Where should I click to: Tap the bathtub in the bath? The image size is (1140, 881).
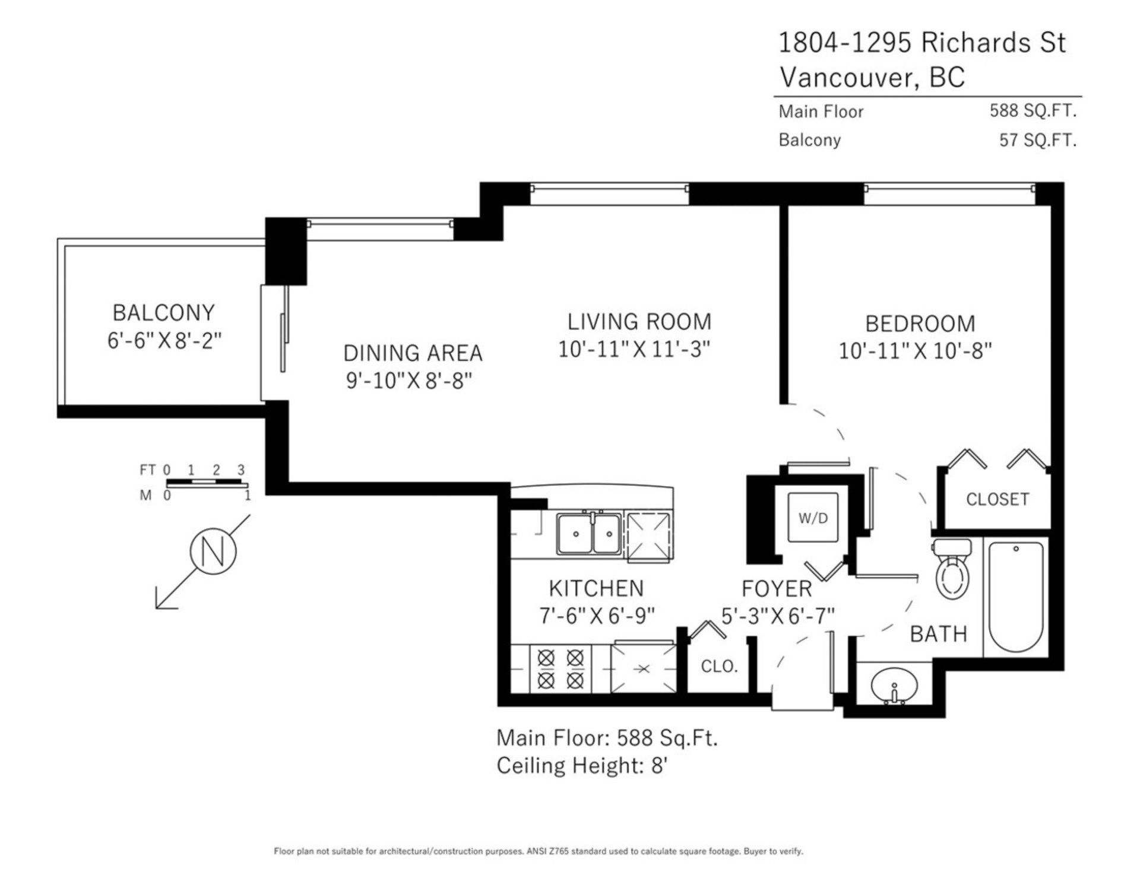tap(1016, 597)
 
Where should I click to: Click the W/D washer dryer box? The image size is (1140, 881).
tap(813, 518)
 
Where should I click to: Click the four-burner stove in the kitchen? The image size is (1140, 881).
tap(560, 668)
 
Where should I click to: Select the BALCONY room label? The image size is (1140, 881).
tap(163, 312)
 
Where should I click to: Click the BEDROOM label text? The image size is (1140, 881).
tap(920, 324)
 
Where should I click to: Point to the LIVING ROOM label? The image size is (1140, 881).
tap(639, 322)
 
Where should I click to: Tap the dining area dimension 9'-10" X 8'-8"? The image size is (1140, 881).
tap(409, 381)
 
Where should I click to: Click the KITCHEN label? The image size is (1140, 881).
tap(596, 588)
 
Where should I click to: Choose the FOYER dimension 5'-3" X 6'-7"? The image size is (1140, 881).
tap(778, 616)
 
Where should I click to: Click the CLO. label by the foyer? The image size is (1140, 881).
tap(719, 666)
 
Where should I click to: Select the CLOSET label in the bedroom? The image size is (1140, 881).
tap(997, 499)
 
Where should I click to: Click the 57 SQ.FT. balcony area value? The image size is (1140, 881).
tap(1037, 140)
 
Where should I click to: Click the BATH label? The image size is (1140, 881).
tap(939, 634)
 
